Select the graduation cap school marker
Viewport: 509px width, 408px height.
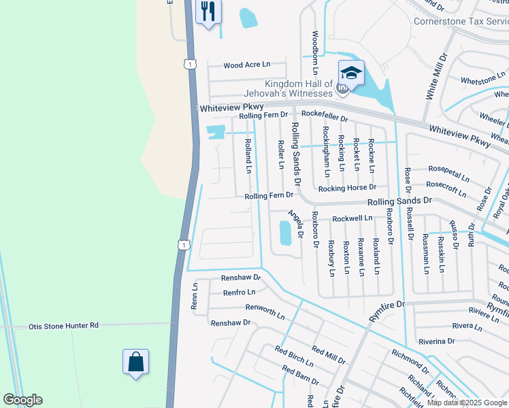coord(351,74)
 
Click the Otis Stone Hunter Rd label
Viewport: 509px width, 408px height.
coord(63,326)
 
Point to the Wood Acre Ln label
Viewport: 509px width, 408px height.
coord(246,65)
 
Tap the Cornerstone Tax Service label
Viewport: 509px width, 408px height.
coord(461,21)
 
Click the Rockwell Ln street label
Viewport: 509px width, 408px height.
coord(352,218)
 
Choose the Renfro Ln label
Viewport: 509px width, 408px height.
coord(239,292)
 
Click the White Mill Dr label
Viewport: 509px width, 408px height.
coord(436,76)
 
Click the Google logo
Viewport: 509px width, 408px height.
coord(22,400)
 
